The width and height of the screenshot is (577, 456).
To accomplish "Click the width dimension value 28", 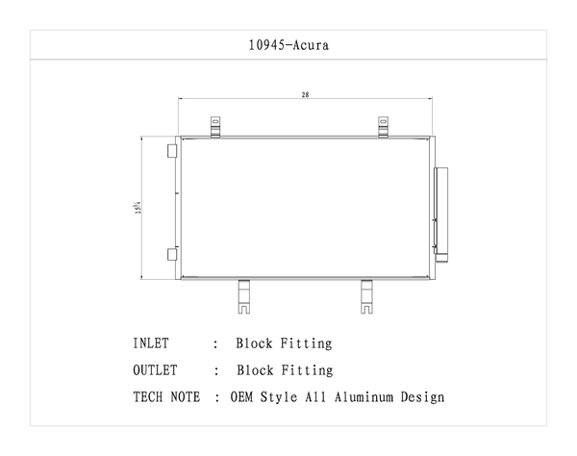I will tap(305, 95).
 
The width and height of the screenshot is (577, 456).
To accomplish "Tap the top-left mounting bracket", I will tap(216, 126).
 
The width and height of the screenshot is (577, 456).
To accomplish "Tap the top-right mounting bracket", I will tap(383, 126).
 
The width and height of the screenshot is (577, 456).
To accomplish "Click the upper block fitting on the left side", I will tap(171, 151).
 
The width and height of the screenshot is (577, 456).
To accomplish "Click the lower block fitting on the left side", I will tap(171, 254).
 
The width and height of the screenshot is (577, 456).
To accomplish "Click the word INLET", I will tap(151, 343).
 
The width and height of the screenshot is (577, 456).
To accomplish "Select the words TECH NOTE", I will tap(167, 396).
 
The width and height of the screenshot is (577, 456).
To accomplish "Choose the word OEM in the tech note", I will tap(243, 396).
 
